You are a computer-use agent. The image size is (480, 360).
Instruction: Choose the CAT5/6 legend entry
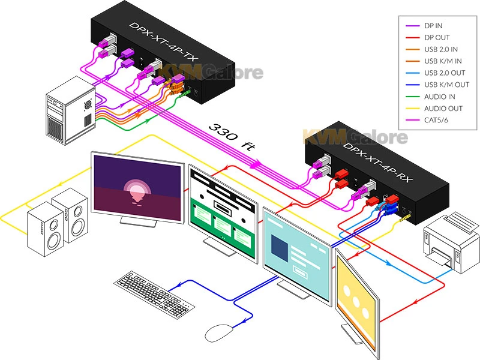click(437, 119)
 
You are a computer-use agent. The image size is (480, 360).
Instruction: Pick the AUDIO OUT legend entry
click(443, 108)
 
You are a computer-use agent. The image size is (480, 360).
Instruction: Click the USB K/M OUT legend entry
click(446, 85)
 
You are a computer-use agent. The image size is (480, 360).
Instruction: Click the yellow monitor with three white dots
click(357, 293)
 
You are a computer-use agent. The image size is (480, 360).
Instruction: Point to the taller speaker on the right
click(73, 214)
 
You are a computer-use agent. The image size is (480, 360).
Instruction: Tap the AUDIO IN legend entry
click(440, 96)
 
